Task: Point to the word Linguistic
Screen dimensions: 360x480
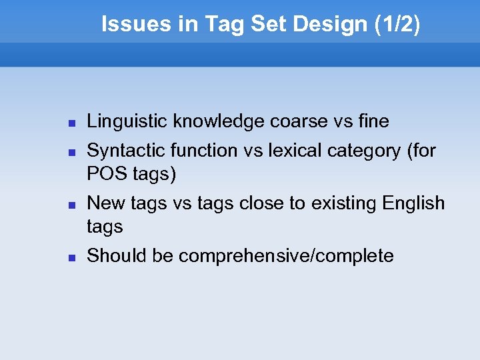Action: tap(127, 122)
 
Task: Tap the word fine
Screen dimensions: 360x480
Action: tap(373, 122)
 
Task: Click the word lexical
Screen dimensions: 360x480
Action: tap(291, 151)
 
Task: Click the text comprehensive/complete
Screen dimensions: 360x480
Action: tap(286, 256)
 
